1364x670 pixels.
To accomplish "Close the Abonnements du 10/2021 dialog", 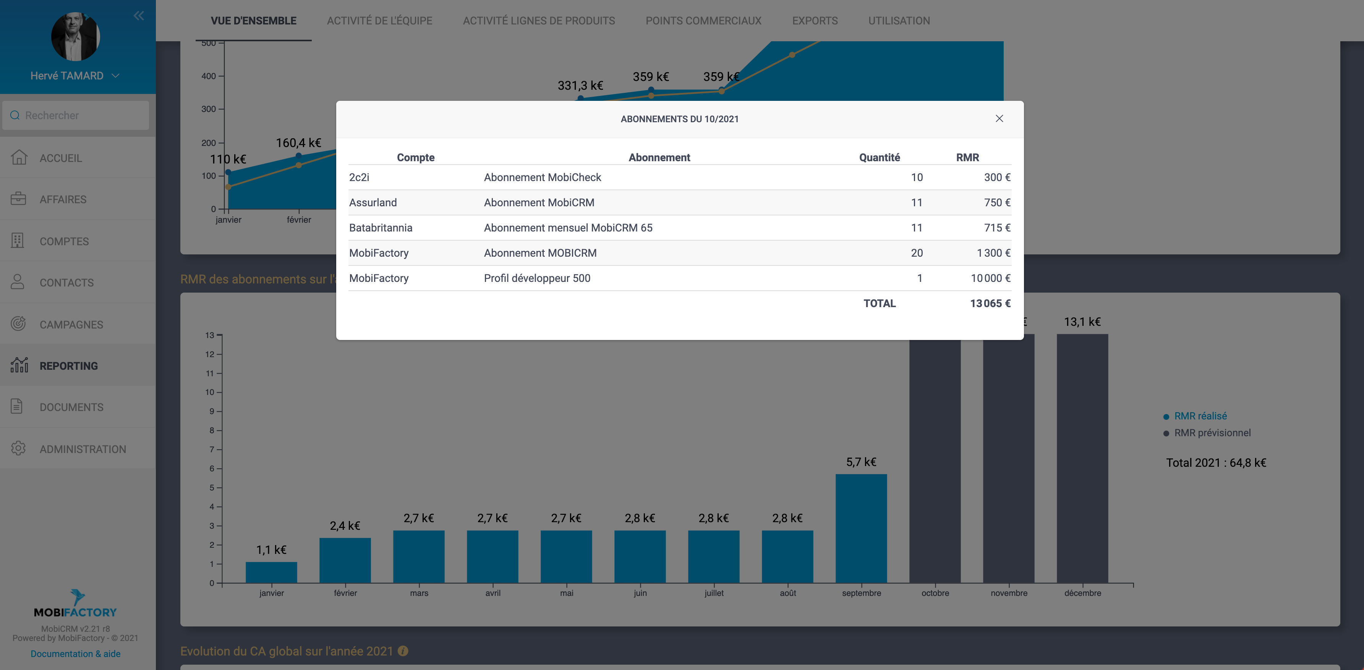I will (x=999, y=118).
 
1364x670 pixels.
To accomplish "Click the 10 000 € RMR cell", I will (x=990, y=278).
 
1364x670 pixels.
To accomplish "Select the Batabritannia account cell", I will (x=381, y=228).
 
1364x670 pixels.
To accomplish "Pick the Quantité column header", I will (x=879, y=158).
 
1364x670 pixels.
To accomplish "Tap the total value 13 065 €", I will (x=990, y=304).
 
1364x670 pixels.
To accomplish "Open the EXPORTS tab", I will (x=814, y=21).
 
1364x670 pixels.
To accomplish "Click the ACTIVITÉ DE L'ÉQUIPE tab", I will (x=379, y=21).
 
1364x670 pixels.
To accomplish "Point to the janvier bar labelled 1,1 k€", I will (x=271, y=572).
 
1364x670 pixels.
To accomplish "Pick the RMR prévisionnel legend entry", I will (x=1212, y=433).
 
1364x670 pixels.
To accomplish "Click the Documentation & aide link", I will (x=76, y=654).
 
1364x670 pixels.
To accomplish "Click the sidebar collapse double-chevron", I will (x=139, y=16).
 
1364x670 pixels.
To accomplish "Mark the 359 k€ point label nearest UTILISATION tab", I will (x=721, y=77).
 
